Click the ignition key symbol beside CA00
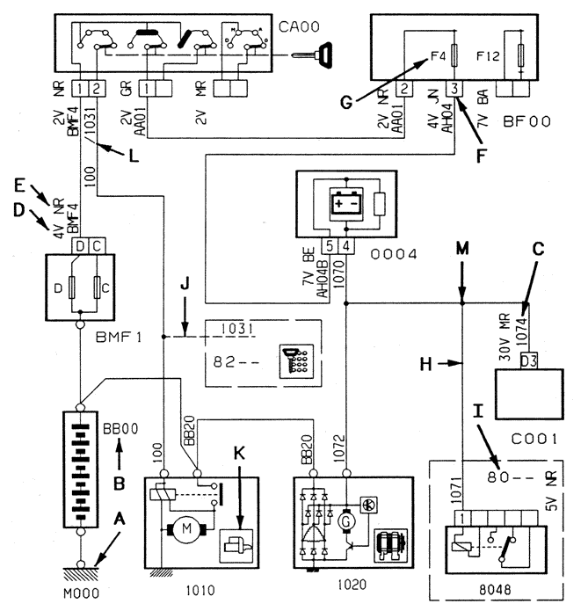click(313, 55)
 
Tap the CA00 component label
click(299, 26)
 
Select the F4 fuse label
click(438, 56)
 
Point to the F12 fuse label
click(488, 56)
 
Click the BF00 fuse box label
click(526, 121)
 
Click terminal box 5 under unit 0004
click(330, 246)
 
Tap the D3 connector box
click(529, 360)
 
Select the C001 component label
click(534, 439)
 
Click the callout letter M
click(462, 248)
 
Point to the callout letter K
click(239, 453)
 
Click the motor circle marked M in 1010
click(186, 528)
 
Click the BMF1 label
click(119, 337)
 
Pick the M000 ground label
click(81, 593)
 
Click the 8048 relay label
click(495, 590)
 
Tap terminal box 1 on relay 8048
click(462, 519)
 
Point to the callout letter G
click(346, 102)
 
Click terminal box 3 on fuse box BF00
click(454, 89)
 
